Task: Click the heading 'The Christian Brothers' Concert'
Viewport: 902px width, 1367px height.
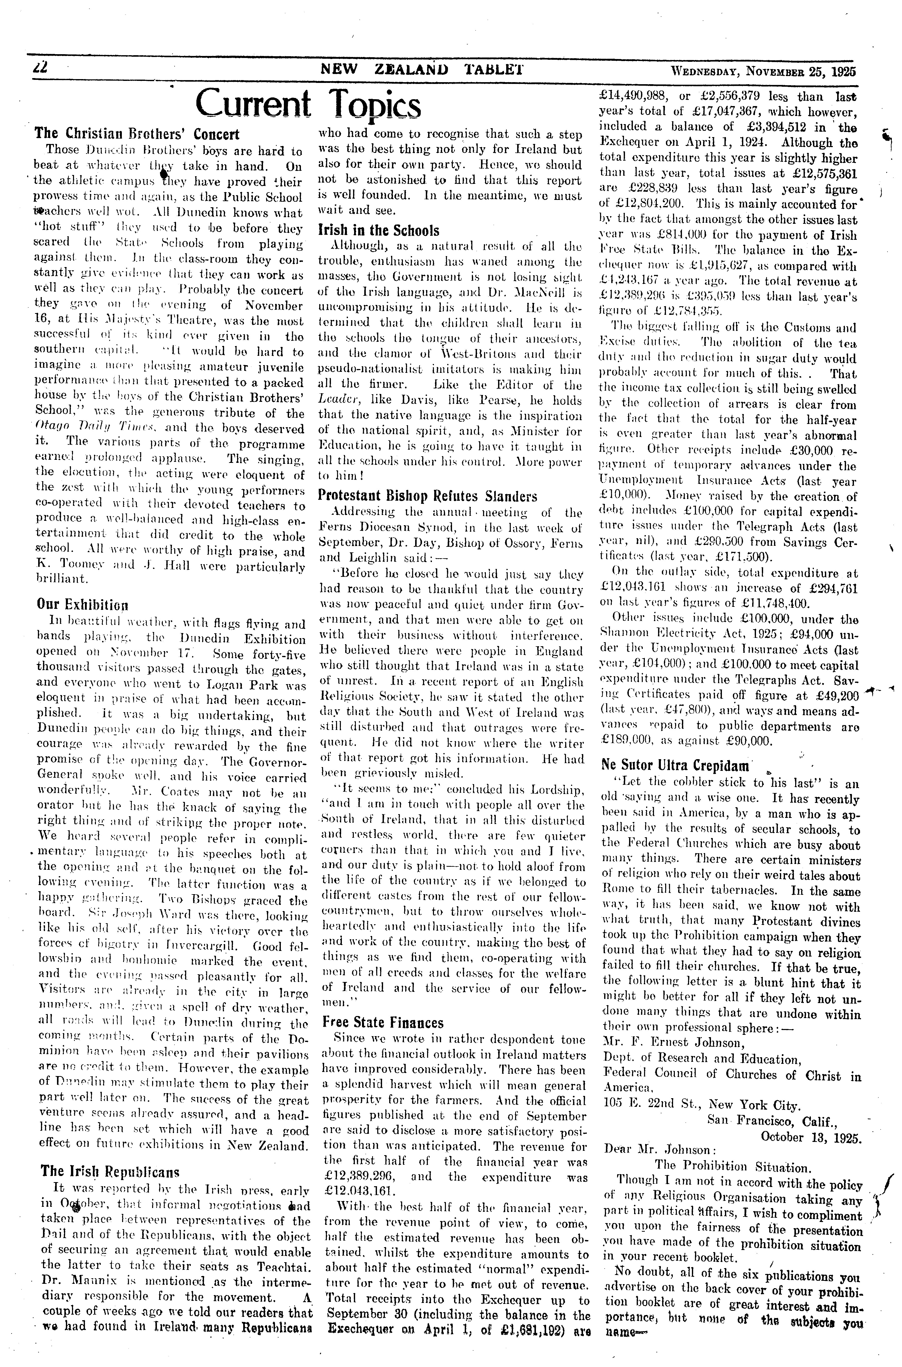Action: [x=137, y=134]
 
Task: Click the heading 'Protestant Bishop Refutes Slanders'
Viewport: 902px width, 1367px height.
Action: [x=428, y=496]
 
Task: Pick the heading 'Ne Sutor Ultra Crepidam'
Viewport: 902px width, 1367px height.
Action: [x=675, y=766]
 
